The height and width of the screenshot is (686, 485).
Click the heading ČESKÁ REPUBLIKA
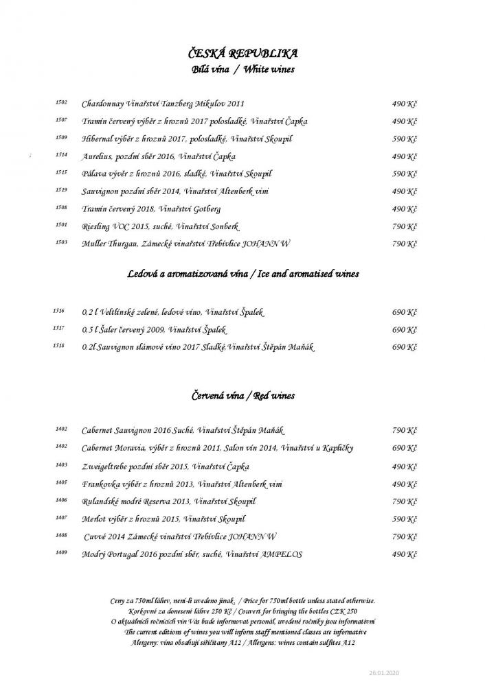(x=242, y=54)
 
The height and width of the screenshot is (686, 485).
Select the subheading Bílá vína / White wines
(x=242, y=70)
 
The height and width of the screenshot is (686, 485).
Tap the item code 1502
(x=61, y=103)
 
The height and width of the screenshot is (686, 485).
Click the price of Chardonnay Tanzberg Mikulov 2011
(x=405, y=104)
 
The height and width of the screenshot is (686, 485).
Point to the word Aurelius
(x=96, y=156)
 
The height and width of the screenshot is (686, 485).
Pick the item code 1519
(x=61, y=191)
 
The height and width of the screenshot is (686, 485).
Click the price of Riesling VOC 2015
(x=405, y=226)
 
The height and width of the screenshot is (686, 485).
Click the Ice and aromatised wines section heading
(x=242, y=274)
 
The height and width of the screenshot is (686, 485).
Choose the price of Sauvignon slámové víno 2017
(x=405, y=347)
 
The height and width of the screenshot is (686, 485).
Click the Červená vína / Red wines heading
(x=242, y=397)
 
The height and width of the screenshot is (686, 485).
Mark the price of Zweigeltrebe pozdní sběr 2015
(x=405, y=466)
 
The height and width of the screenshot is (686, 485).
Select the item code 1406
(x=61, y=500)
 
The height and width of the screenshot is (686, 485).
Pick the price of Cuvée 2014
(x=405, y=536)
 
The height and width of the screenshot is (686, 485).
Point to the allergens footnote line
(x=242, y=642)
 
